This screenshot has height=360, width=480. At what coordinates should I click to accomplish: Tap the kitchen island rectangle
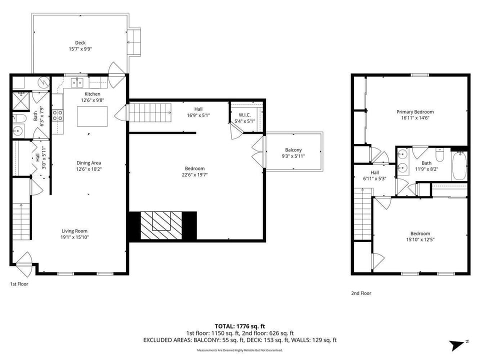tap(92, 118)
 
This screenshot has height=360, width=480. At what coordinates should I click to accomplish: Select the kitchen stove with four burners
tap(57, 116)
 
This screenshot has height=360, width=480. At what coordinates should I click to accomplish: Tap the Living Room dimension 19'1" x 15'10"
tap(74, 238)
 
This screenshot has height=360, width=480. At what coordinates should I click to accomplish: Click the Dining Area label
tap(89, 163)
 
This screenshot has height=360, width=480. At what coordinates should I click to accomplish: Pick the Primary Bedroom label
tap(415, 112)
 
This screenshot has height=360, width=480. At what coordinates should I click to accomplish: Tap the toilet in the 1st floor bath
tap(19, 119)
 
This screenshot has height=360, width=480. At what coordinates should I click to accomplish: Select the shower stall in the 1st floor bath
tap(21, 101)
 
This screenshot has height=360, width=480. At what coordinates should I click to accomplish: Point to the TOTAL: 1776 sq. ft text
tap(239, 325)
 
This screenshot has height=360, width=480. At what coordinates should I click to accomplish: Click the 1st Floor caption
tap(19, 284)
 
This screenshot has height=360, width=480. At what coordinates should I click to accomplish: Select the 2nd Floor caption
tap(361, 293)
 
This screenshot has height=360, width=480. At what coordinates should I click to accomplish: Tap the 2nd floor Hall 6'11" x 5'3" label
tap(374, 175)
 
